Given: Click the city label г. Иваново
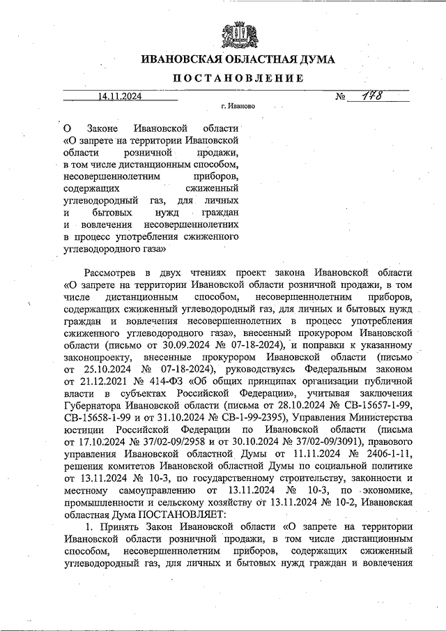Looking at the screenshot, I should click(238, 108).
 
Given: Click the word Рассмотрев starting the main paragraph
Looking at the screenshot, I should click(110, 271).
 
